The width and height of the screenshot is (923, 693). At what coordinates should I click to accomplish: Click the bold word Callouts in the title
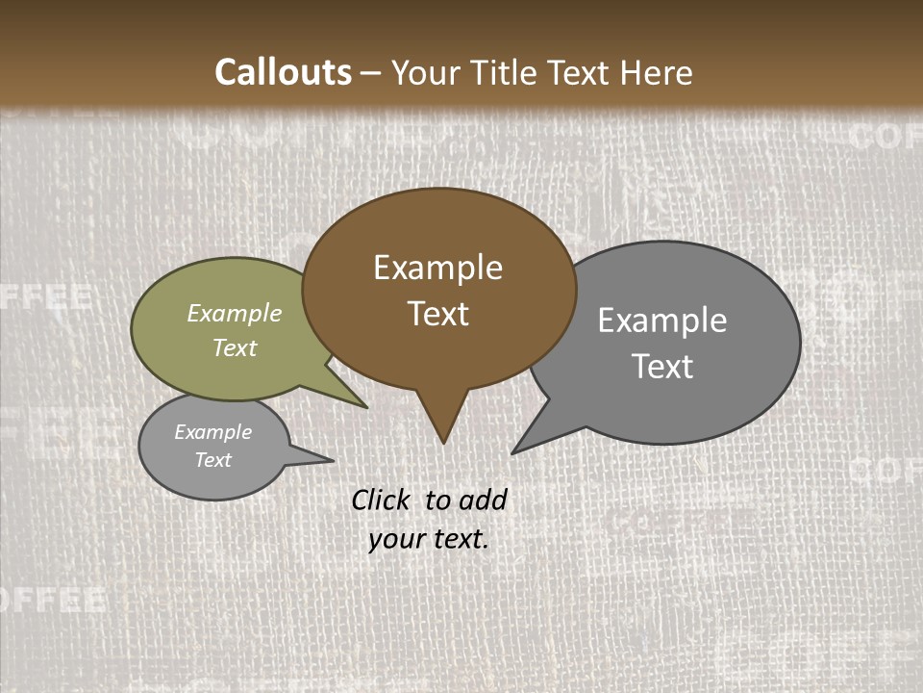[x=283, y=72]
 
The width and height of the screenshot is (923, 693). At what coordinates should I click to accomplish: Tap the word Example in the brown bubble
[x=437, y=268]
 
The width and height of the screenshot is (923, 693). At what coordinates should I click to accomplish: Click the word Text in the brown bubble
[x=437, y=314]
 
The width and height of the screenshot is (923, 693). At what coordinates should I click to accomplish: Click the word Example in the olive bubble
[x=235, y=313]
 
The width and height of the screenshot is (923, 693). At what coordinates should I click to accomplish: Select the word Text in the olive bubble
[x=235, y=347]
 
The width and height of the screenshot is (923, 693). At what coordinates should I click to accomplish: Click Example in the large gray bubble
[x=662, y=321]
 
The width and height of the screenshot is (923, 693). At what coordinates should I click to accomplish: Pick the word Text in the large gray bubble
[x=662, y=367]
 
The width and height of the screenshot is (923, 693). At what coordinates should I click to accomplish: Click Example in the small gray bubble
[x=212, y=432]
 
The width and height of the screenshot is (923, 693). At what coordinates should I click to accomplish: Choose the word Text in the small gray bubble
[x=212, y=460]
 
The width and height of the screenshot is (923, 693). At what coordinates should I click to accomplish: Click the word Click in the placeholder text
[x=381, y=500]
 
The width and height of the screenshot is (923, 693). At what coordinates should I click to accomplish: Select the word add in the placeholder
[x=483, y=500]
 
